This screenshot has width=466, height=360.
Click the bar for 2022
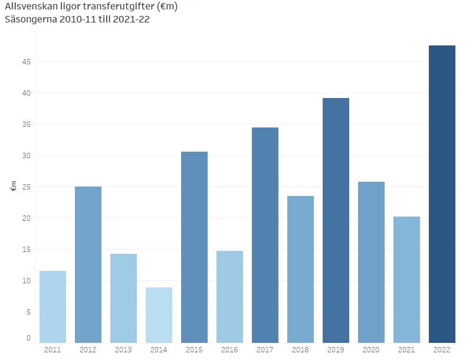(442, 194)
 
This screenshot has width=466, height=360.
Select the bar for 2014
(159, 315)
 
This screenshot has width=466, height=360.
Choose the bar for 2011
(52, 307)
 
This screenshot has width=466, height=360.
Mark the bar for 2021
(406, 280)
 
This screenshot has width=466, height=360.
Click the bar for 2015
(194, 247)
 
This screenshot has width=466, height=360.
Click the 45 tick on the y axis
(27, 62)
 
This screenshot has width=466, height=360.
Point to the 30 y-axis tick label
(27, 156)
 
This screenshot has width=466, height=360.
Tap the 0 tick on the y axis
(29, 339)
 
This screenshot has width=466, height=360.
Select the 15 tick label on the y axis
(27, 250)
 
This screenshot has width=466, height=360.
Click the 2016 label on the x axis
(229, 350)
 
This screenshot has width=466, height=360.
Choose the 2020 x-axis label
(371, 350)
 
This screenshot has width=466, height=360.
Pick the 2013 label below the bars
(123, 350)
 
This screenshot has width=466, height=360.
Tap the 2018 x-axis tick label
(300, 350)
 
